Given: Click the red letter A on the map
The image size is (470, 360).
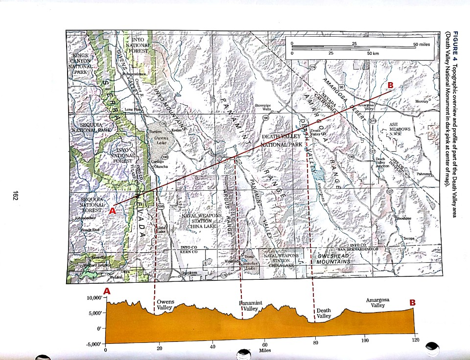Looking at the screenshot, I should tap(113, 211).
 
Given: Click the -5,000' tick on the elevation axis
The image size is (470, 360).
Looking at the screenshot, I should tap(94, 345).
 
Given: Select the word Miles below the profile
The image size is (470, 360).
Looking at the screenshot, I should tap(265, 350).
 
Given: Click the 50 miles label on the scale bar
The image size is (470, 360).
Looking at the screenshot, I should tap(422, 45).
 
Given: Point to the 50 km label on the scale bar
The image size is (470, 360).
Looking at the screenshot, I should tap(373, 52).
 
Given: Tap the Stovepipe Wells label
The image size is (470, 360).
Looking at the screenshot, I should tap(263, 107).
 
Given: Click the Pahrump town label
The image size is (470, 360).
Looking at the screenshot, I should tap(423, 174).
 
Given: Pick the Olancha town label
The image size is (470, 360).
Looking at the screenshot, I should tap(162, 166).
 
